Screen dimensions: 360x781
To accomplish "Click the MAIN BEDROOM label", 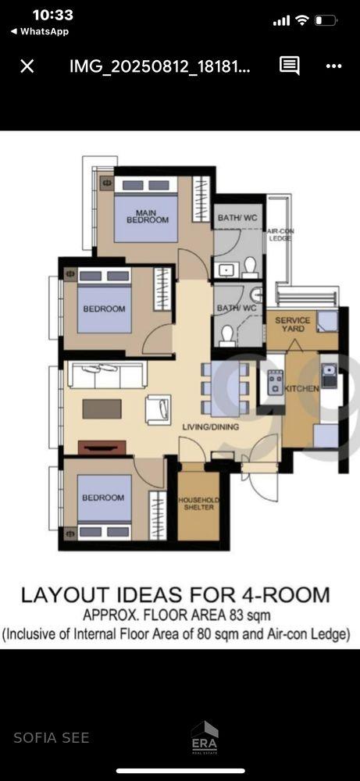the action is pos(148,216).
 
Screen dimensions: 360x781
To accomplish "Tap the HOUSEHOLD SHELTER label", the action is pos(198,504).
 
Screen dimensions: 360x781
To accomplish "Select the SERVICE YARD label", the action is pos(292,324).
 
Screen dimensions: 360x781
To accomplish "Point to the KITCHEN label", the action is pos(301,388).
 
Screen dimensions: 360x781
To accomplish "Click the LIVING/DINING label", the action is pos(211,427).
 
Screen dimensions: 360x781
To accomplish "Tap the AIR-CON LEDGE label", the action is pos(280,235).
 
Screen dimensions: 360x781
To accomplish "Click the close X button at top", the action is pos(27,66).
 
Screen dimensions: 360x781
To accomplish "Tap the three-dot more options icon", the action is pos(333,66).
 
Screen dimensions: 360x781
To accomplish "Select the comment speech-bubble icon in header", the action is pos(289,66).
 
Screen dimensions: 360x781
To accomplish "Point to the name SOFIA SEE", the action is pos(52,738).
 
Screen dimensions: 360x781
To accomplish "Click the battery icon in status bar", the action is pos(326,21).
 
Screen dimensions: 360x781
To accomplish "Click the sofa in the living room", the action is pos(107,375).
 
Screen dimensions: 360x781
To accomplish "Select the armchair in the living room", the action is pos(159,409).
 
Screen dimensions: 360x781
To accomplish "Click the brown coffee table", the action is pos(102,409).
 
